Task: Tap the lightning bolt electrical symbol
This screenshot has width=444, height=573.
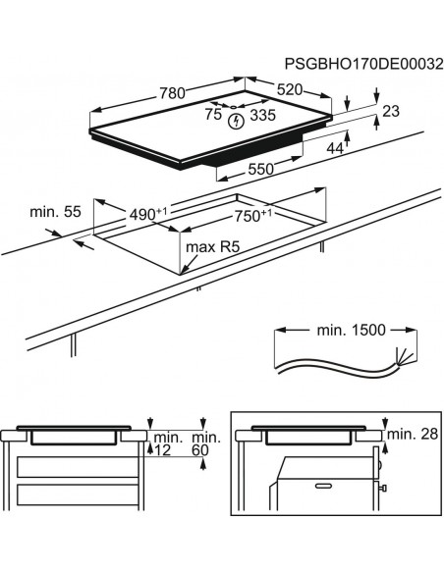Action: [235, 122]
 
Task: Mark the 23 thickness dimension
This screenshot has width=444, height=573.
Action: [391, 113]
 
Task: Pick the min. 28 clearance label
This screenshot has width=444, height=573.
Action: [412, 434]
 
